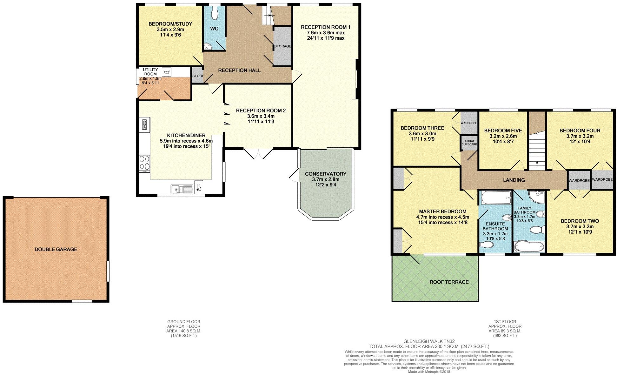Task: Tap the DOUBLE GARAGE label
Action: pos(56,249)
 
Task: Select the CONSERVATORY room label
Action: pos(325,174)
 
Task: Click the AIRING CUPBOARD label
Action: pos(469,143)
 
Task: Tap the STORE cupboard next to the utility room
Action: pos(198,76)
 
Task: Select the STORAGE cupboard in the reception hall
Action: pos(282,46)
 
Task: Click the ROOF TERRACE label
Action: pos(449,282)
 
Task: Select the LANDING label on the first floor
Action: pos(514,180)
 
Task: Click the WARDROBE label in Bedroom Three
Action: pos(469,123)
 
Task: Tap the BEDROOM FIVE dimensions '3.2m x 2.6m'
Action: pos(503,136)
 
